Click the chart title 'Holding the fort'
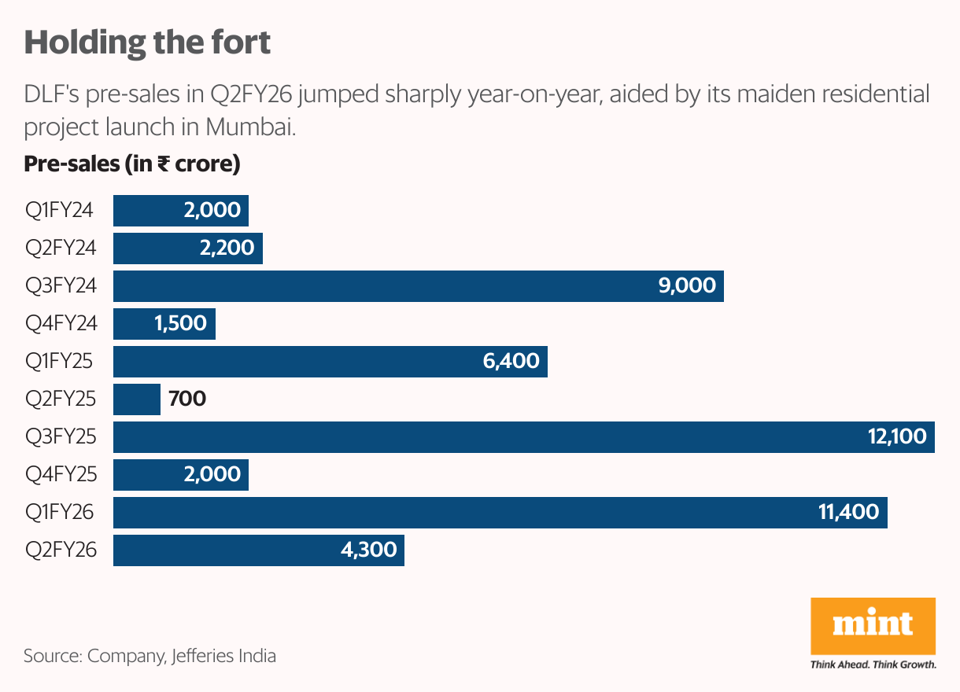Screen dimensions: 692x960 147,42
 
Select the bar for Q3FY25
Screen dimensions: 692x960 523,437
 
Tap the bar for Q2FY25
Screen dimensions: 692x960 137,399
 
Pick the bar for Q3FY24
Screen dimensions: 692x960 418,286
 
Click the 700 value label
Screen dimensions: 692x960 187,399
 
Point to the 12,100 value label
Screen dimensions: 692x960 897,437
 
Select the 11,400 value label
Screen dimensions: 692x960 848,513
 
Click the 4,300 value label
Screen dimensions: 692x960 368,550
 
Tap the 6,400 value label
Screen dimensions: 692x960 511,362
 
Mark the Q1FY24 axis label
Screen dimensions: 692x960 60,211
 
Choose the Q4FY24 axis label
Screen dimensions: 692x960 61,324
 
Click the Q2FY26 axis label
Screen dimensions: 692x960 61,550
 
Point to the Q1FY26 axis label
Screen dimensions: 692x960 60,513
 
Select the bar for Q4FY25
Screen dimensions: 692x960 180,475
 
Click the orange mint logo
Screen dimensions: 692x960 873,626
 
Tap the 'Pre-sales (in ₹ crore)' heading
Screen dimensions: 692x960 132,164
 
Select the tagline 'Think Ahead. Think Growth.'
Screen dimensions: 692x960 873,664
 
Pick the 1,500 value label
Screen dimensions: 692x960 180,324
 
